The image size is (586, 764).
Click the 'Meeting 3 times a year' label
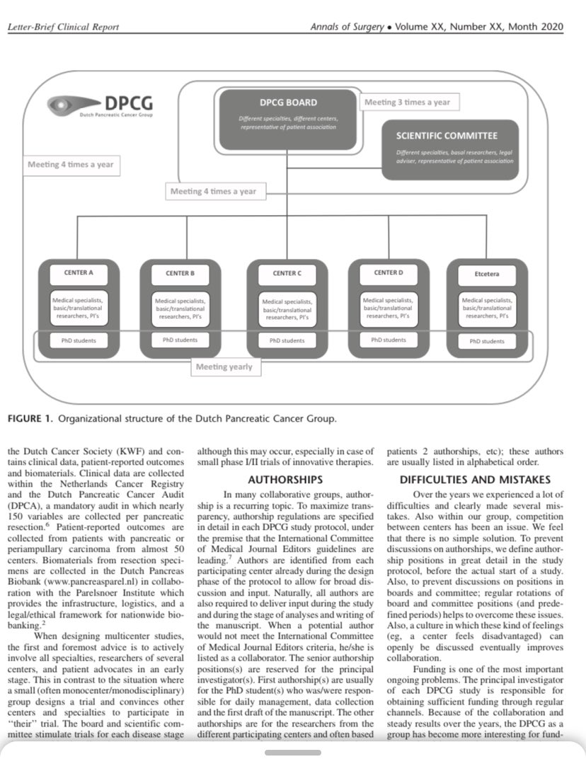click(x=407, y=102)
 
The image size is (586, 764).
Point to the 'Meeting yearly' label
click(x=224, y=366)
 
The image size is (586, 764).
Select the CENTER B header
click(x=180, y=273)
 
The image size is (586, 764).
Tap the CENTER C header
click(x=287, y=273)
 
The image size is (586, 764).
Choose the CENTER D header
click(x=389, y=272)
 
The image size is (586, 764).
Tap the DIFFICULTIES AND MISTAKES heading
click(x=476, y=479)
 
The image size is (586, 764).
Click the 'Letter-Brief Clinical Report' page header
click(x=63, y=27)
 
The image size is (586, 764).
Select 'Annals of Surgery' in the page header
click(x=343, y=27)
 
